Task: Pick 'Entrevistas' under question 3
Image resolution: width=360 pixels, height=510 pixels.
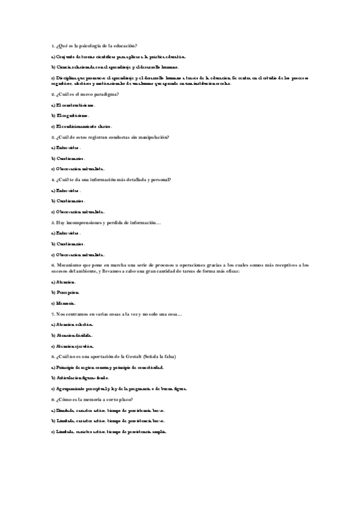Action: point(67,147)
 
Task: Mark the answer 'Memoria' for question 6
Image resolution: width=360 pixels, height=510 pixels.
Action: point(66,303)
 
